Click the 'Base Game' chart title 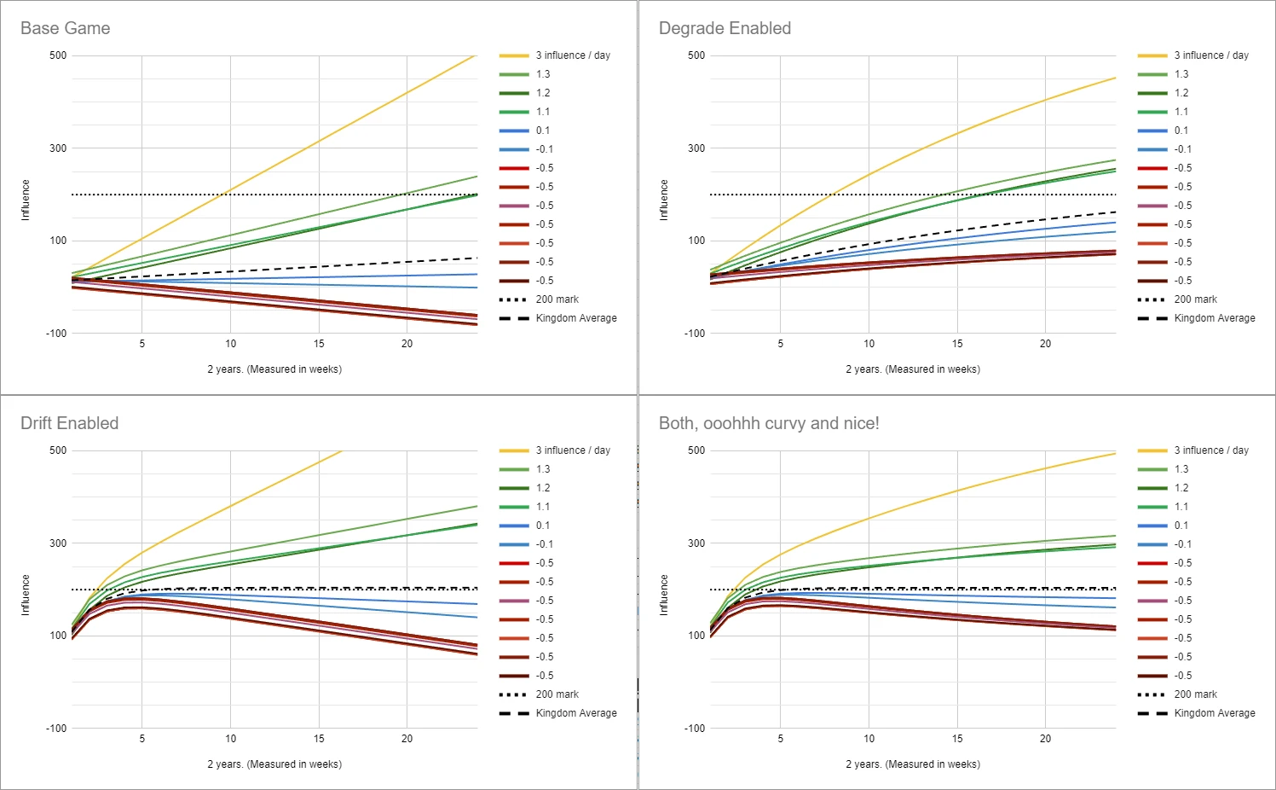tap(65, 28)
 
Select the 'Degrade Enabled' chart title tap(725, 28)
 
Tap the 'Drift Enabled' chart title tap(70, 423)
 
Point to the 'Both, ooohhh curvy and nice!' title tap(769, 423)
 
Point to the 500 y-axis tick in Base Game tap(58, 55)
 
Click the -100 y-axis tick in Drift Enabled tap(55, 728)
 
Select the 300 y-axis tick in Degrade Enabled tap(696, 148)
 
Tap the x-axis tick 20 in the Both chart tap(1045, 739)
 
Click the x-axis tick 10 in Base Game tap(230, 344)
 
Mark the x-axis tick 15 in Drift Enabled tap(319, 739)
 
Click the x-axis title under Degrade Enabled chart tap(913, 369)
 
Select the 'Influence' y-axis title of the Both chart tap(664, 595)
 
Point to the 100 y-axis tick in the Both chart tap(696, 636)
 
